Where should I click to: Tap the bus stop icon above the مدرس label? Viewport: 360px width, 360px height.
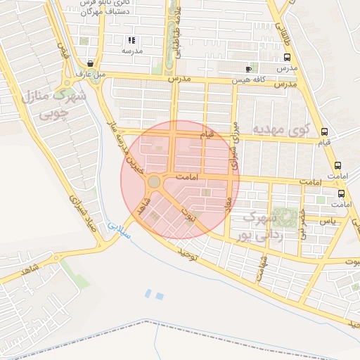(x=287, y=57)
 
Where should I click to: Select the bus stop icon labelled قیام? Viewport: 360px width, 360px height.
(x=324, y=131)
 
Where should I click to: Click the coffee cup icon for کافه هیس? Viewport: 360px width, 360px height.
(x=247, y=69)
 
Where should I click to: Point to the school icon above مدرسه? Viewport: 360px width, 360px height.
(x=131, y=40)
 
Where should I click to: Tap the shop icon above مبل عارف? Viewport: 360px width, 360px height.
(x=90, y=63)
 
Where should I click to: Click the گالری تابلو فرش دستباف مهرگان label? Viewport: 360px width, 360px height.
(x=88, y=8)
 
